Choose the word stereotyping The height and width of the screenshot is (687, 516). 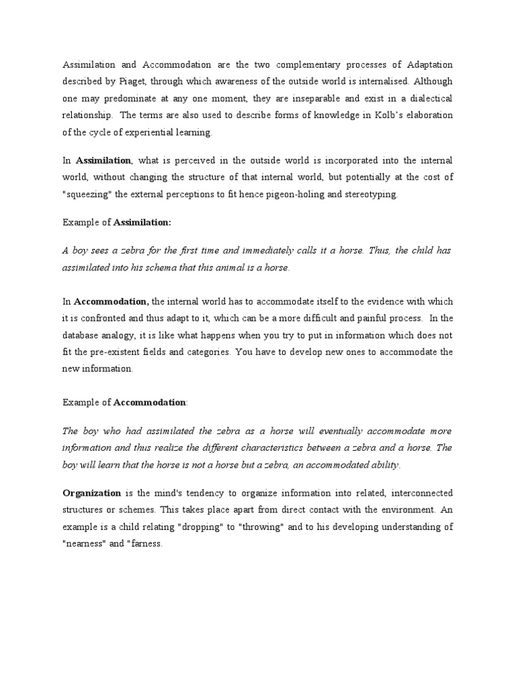tap(369, 195)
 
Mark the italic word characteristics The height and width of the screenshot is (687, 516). tap(273, 447)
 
